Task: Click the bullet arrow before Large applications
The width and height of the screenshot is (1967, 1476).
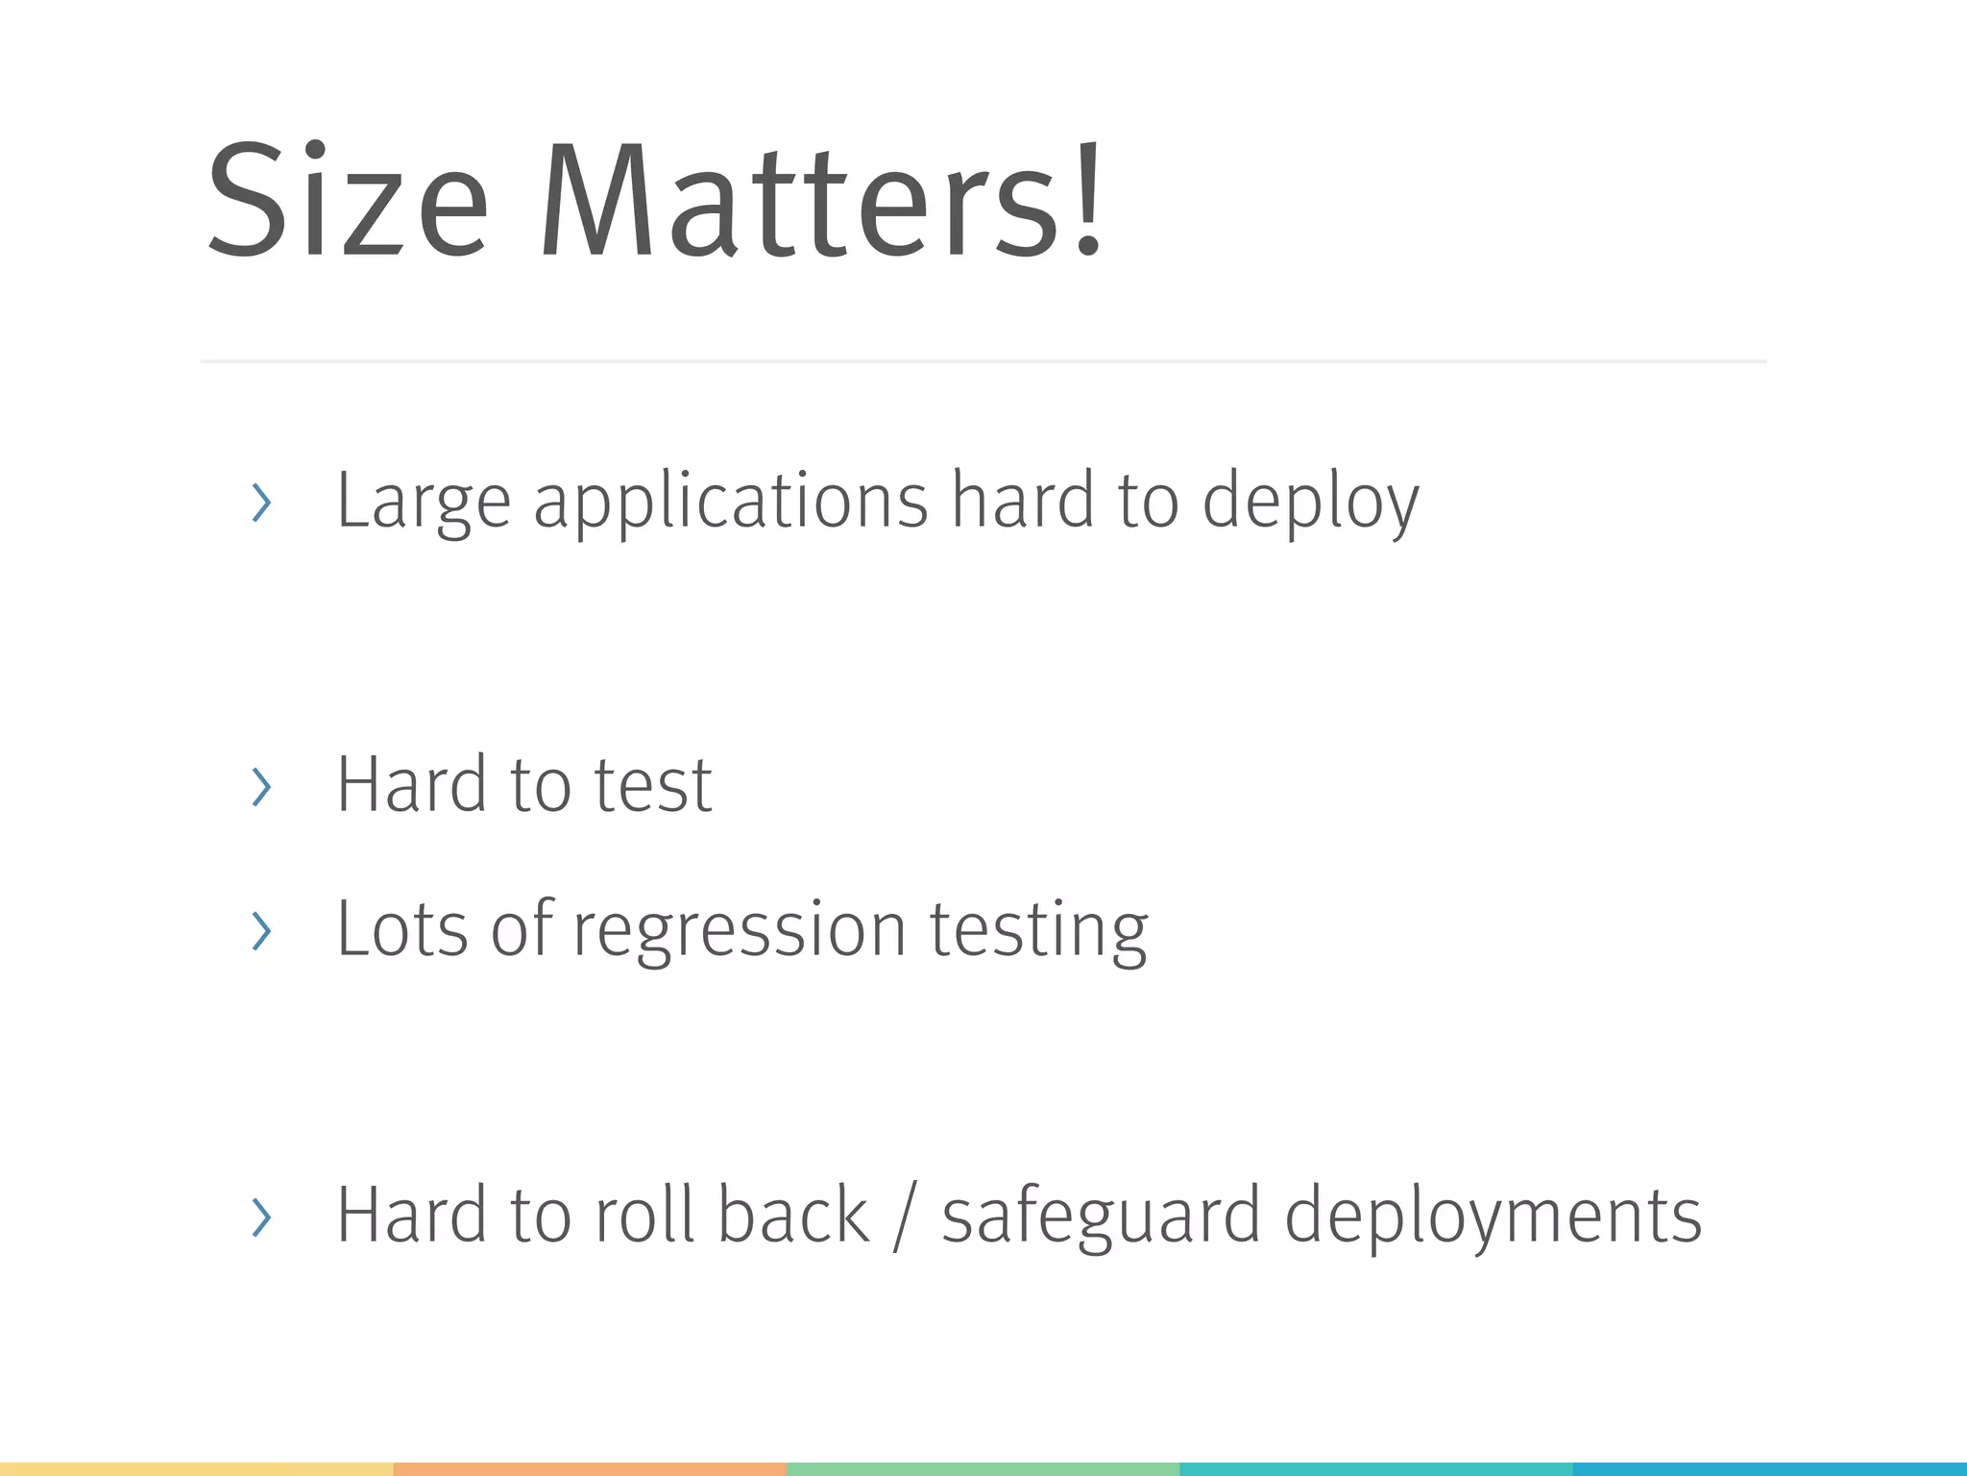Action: coord(261,503)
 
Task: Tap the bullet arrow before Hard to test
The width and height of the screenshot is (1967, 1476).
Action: coord(261,787)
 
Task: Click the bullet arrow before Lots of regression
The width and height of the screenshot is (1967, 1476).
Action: coord(261,931)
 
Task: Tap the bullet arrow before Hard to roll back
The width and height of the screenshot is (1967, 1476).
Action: coord(261,1218)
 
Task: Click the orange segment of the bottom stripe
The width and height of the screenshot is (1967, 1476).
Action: coord(590,1469)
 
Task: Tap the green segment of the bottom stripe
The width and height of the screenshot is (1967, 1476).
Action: coord(983,1469)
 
